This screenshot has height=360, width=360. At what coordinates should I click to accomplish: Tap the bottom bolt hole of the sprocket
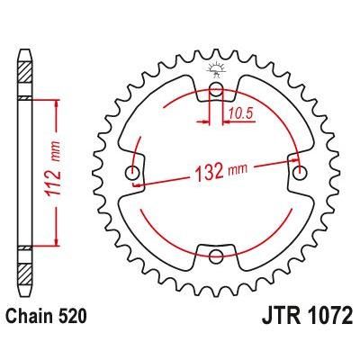pos(216,256)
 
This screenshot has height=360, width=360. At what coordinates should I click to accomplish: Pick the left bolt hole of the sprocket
pos(133,173)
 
